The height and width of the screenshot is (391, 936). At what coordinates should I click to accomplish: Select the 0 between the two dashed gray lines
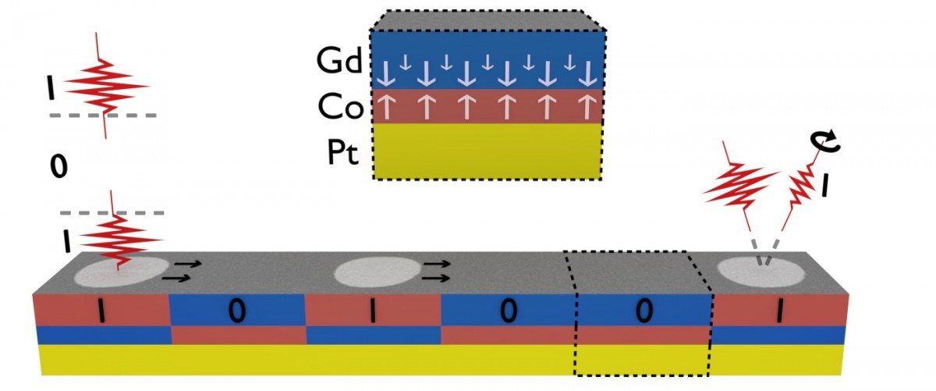tap(54, 166)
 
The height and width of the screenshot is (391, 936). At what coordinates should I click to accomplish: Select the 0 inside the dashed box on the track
tap(643, 311)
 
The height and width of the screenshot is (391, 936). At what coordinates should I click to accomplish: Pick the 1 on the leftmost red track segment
tap(101, 311)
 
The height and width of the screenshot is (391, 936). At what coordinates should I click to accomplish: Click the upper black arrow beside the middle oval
tap(438, 265)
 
